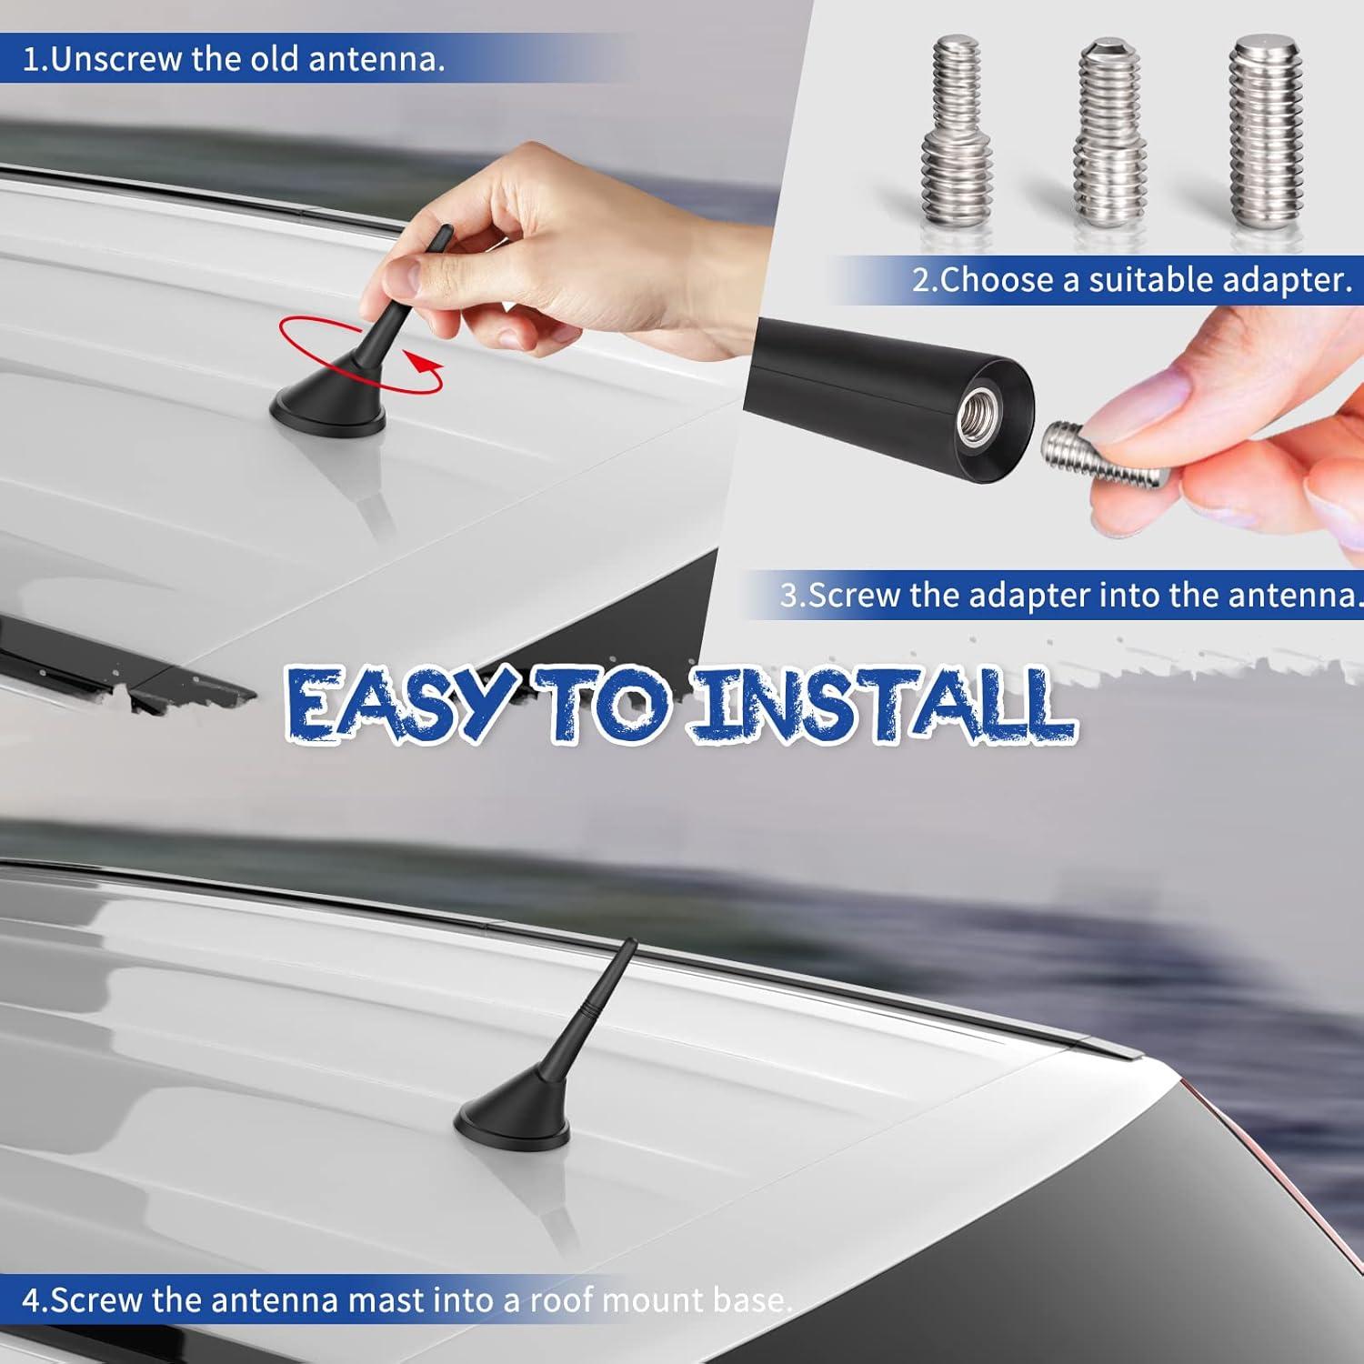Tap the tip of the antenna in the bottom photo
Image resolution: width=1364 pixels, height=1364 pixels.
pos(634,942)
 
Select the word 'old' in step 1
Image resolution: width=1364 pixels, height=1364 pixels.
pos(274,59)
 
